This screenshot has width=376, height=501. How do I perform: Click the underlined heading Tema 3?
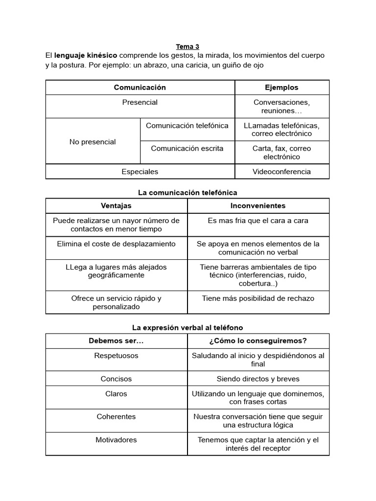point(188,46)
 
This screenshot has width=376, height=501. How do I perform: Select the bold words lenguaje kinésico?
point(86,55)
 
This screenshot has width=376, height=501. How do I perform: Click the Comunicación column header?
point(140,88)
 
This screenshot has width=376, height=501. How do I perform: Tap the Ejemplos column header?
point(282,88)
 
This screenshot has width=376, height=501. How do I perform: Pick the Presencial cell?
point(140,103)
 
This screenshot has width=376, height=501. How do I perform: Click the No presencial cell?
point(93,142)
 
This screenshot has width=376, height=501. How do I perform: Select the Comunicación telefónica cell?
point(187,126)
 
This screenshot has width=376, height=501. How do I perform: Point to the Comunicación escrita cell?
point(187,148)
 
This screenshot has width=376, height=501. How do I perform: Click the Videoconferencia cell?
point(282,172)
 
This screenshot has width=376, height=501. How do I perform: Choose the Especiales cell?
point(140,172)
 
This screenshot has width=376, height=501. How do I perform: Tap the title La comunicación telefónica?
point(188,193)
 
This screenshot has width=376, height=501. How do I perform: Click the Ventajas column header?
point(116,206)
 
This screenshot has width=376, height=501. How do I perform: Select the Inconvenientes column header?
point(258,206)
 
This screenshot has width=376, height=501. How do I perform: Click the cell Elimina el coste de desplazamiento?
point(116,244)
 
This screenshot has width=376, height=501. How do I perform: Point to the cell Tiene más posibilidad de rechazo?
point(258,298)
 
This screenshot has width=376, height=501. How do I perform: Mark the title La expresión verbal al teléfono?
point(188,327)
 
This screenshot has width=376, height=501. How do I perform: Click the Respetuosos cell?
point(116,356)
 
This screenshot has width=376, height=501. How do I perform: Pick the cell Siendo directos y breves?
point(258,379)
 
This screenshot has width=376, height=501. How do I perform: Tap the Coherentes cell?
point(116,417)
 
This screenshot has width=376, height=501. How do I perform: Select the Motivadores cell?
point(116,440)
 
